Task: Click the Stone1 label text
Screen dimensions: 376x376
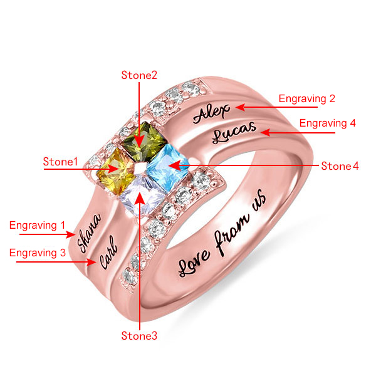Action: [x=60, y=162]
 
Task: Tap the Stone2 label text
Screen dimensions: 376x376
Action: [x=139, y=76]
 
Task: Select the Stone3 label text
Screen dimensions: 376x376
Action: [x=139, y=337]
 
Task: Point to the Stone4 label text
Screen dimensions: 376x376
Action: [x=340, y=166]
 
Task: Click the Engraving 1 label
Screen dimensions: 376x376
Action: [x=36, y=224]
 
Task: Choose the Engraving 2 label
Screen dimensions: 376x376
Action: [x=307, y=98]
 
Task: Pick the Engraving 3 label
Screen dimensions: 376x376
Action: [x=37, y=253]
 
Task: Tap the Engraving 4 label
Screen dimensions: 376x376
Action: [x=327, y=123]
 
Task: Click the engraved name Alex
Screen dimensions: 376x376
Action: [x=212, y=113]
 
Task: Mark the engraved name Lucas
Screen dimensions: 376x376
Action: [x=234, y=133]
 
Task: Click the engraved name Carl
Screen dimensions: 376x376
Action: [x=108, y=252]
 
